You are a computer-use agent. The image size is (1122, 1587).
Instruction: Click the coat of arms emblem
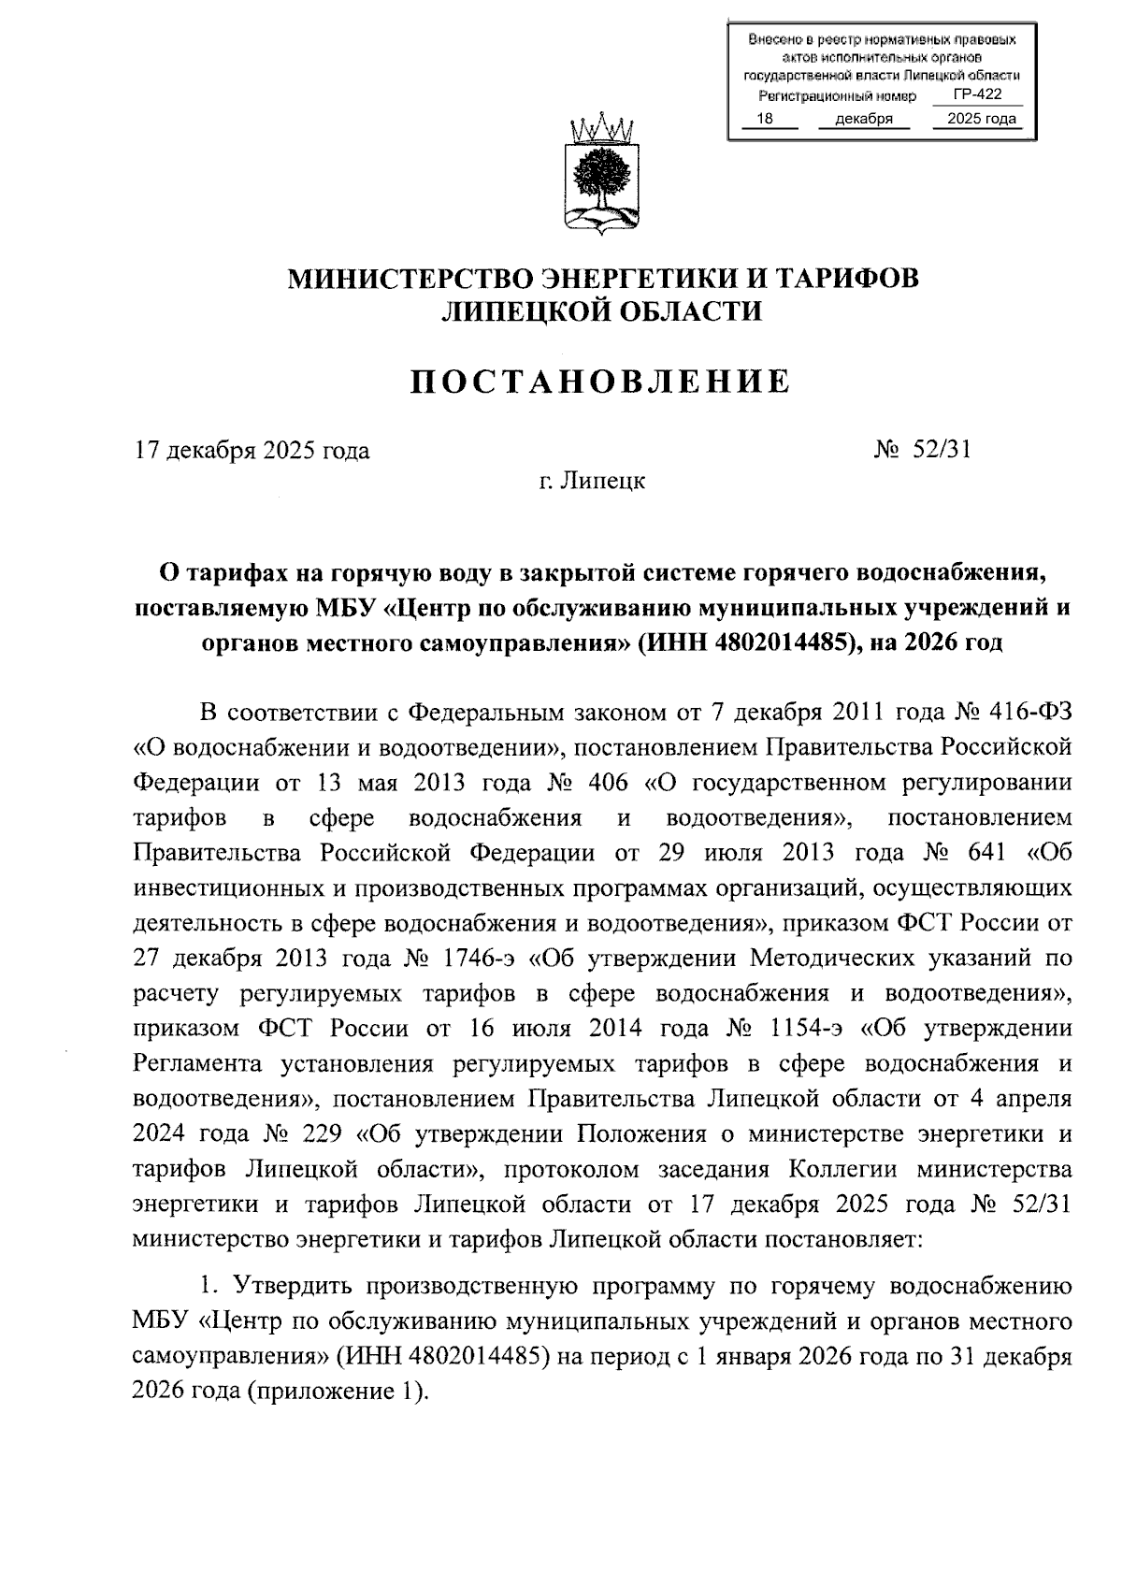602,175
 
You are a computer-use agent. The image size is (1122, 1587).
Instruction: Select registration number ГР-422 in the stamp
977,95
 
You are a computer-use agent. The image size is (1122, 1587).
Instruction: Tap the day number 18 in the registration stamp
764,120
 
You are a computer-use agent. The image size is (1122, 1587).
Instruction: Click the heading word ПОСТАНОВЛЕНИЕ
602,381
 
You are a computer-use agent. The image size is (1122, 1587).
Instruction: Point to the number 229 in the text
322,1134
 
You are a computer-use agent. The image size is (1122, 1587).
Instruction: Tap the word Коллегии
843,1170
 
